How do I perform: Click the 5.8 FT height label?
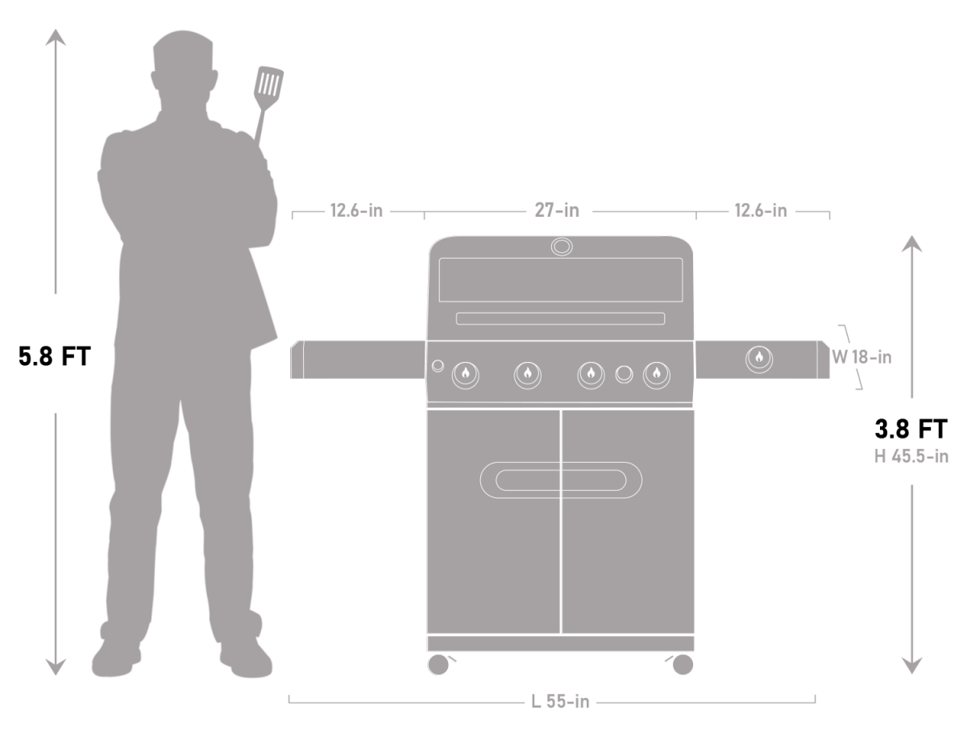pos(55,356)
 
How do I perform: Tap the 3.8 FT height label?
pos(911,428)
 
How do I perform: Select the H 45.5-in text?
pos(911,456)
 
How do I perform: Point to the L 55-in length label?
pos(560,702)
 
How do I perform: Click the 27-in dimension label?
pos(557,211)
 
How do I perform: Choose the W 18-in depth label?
pos(861,357)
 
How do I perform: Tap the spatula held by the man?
pos(268,85)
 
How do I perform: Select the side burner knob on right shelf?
pos(758,358)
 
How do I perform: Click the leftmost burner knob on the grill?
pos(465,374)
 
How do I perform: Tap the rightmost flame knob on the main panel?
pos(656,374)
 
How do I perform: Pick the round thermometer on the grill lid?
pos(562,246)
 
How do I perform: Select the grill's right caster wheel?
pos(681,664)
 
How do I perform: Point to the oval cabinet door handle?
pos(561,480)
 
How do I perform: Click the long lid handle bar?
pos(560,318)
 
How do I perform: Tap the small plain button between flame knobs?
pos(624,374)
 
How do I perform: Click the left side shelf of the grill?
pos(359,359)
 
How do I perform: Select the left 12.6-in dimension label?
pos(356,211)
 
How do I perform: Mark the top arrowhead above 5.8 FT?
pos(55,36)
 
